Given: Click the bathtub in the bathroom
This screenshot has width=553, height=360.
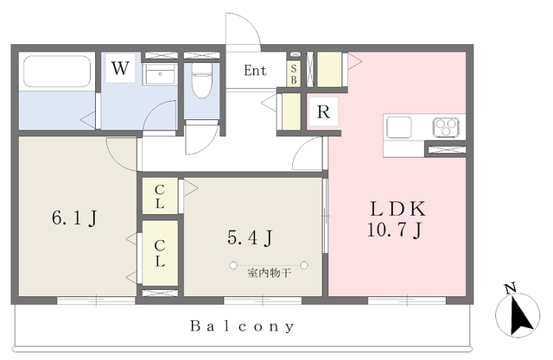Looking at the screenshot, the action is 57,71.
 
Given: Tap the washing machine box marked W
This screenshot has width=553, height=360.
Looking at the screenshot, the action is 120,68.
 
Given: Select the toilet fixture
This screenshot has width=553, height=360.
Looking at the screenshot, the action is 201,80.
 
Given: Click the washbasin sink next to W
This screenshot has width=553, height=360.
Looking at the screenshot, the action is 160,74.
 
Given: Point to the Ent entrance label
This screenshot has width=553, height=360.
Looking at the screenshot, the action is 256,71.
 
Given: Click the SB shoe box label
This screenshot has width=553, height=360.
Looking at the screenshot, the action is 294,75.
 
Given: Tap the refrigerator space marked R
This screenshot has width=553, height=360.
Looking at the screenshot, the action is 323,111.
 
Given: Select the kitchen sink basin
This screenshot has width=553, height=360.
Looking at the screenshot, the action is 399,127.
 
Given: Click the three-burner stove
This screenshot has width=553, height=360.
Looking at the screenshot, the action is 446,127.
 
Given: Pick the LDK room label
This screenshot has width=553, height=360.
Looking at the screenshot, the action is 397,209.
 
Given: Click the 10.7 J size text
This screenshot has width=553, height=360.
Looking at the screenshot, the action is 394,231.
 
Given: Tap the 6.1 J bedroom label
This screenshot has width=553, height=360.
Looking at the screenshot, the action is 74,218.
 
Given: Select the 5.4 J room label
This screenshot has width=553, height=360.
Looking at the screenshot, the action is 250,238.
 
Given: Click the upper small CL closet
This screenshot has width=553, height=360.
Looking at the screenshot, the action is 160,196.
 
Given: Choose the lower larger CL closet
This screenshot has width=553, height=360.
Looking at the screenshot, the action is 160,253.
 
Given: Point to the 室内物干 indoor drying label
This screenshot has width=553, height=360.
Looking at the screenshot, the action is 269,273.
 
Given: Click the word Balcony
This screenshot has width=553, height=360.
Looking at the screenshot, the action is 242,325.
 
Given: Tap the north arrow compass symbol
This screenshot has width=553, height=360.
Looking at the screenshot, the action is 518,313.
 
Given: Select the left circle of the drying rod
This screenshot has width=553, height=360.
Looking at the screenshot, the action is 233,265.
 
